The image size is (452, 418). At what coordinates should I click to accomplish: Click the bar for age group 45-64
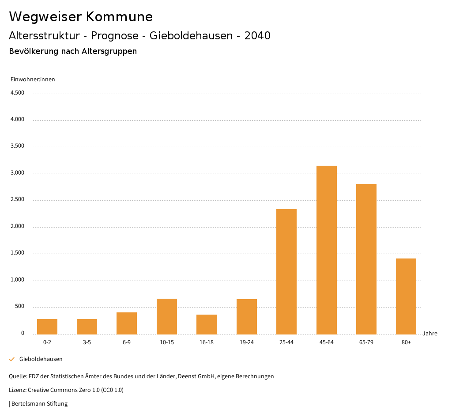(x=326, y=250)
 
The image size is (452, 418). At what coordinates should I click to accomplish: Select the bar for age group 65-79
(x=366, y=259)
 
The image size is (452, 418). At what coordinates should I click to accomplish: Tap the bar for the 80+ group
(x=406, y=296)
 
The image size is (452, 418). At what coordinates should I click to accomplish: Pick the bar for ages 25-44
(x=286, y=271)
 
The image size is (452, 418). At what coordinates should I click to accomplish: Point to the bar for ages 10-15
(x=167, y=316)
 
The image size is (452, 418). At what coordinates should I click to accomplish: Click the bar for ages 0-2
(x=47, y=327)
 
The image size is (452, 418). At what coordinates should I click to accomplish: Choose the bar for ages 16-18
(x=207, y=324)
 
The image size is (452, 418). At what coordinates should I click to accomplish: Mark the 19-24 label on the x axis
(x=246, y=342)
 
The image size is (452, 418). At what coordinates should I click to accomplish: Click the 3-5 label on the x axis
(x=87, y=342)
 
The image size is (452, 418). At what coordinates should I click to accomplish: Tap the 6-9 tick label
(x=127, y=342)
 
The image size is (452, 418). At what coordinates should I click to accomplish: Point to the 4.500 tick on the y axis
(x=17, y=93)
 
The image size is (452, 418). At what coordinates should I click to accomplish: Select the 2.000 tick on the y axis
(x=17, y=227)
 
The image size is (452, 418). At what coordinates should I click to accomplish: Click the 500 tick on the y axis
(x=19, y=307)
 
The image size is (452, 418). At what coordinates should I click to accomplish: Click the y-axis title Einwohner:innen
(x=33, y=80)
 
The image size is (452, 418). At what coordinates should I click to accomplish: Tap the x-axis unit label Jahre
(x=429, y=334)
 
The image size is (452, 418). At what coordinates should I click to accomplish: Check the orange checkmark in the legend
(x=12, y=359)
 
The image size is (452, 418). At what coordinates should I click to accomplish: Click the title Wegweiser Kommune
(x=81, y=17)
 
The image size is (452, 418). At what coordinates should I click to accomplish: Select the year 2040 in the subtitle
(x=257, y=36)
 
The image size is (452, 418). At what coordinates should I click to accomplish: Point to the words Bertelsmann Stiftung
(x=39, y=404)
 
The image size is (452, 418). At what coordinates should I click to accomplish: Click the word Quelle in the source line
(x=17, y=376)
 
